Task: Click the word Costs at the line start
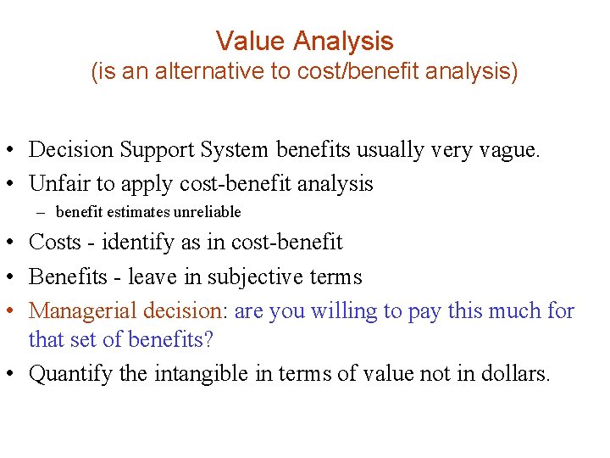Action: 54,243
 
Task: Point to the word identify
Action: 134,243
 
